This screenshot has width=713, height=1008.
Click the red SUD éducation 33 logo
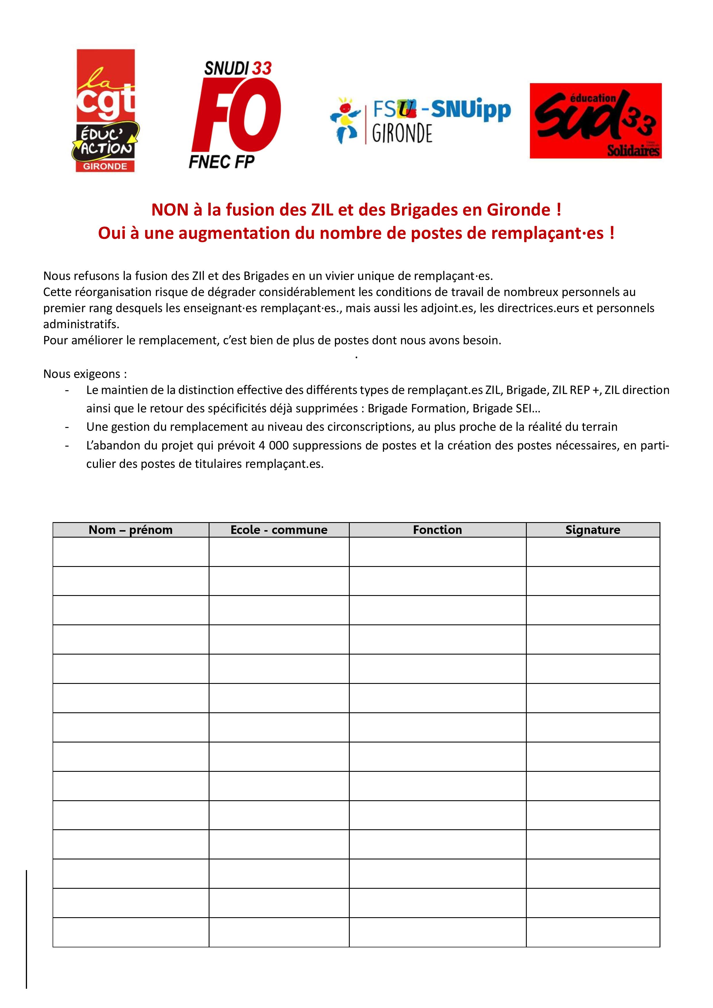[x=595, y=121]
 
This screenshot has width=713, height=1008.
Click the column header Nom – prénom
[x=130, y=530]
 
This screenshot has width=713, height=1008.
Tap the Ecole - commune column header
[x=279, y=530]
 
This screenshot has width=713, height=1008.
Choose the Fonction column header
[x=437, y=530]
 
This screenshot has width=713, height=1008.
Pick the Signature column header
[x=593, y=530]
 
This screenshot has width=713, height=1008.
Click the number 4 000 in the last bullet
[x=274, y=446]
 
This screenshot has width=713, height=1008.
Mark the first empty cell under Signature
[x=593, y=552]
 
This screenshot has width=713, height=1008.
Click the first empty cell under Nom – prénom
[x=130, y=552]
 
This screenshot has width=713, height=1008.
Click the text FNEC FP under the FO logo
[x=222, y=162]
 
